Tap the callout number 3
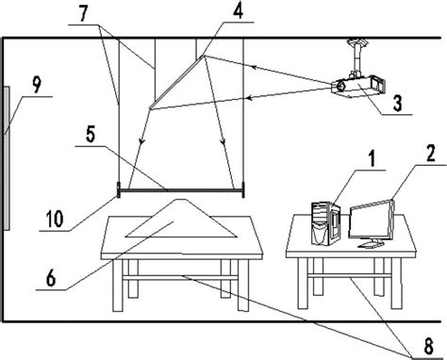point(402,102)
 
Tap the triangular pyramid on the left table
point(178,220)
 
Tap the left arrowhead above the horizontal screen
point(141,142)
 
